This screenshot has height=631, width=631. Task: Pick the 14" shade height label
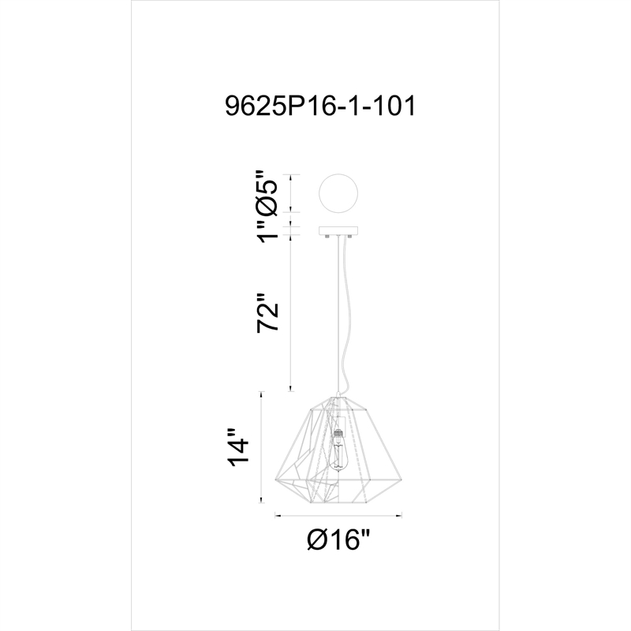click(237, 449)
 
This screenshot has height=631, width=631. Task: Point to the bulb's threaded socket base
click(340, 433)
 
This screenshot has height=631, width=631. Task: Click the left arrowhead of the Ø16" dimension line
click(276, 517)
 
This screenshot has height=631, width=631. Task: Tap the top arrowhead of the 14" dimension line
click(261, 393)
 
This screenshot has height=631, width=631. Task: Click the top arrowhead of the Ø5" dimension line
click(292, 176)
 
